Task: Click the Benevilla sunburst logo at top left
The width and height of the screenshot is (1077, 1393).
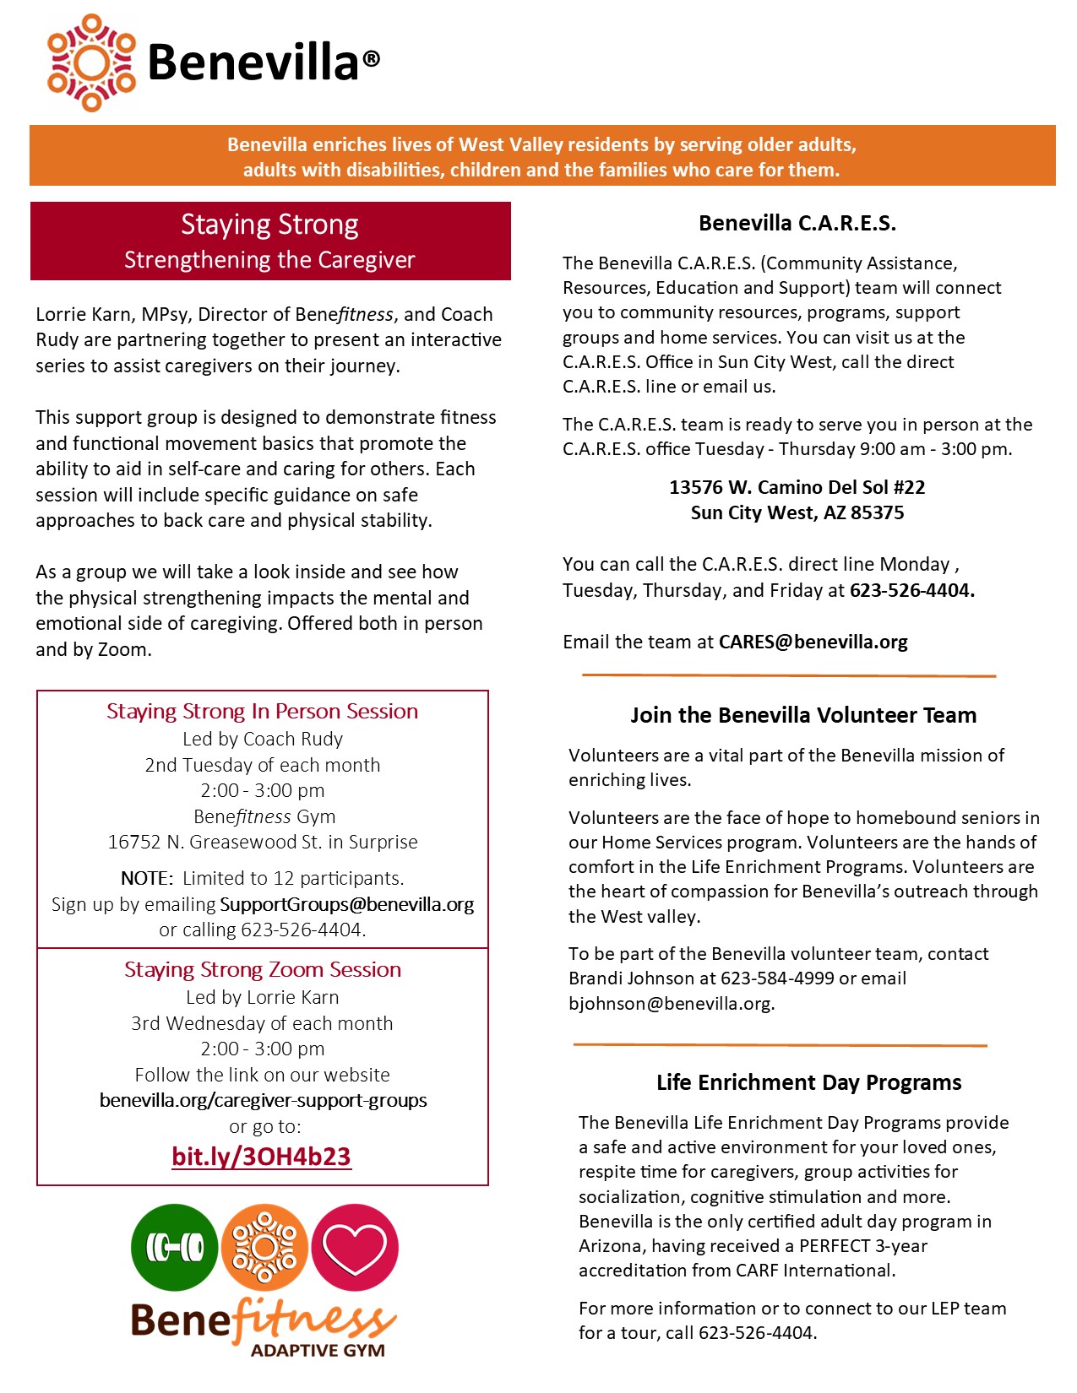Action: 91,62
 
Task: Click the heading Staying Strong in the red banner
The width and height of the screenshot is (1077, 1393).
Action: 269,225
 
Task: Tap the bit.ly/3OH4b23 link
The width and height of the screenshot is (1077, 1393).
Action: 261,1156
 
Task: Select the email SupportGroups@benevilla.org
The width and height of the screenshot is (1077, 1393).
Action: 346,904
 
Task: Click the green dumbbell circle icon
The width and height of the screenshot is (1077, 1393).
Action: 175,1247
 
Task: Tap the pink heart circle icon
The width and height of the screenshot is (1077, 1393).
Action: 355,1247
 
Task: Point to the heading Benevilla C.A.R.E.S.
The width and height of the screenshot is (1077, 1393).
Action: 797,223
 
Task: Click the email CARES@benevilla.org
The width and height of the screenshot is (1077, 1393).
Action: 813,642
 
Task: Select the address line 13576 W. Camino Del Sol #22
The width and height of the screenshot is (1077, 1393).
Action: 797,487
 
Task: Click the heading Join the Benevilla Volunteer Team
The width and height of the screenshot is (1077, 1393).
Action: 802,715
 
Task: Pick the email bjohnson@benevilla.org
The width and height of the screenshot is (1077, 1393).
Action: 671,1003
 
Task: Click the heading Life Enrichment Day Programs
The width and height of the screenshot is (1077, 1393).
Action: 808,1082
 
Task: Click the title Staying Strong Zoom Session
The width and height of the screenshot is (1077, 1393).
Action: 263,969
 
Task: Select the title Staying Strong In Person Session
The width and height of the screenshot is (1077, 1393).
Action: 262,711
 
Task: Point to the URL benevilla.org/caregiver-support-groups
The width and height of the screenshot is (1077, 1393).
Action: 263,1100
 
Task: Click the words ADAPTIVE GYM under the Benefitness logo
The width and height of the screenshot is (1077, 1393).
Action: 318,1350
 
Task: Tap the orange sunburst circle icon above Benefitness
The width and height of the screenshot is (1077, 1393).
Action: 264,1247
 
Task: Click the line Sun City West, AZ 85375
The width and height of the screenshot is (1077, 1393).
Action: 797,512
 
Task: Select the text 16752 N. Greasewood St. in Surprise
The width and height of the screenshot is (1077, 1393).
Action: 263,842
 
